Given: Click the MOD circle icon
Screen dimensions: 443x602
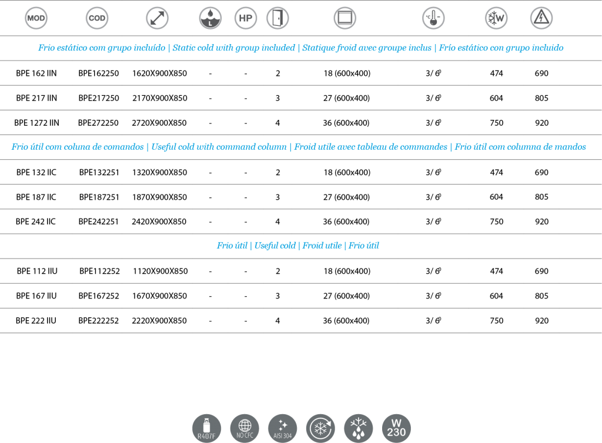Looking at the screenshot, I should [36, 18].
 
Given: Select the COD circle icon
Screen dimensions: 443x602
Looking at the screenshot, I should [97, 18].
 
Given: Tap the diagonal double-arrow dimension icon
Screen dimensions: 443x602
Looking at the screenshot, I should [157, 18].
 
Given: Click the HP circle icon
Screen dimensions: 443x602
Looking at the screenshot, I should [246, 18].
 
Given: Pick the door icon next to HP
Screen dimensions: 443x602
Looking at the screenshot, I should [277, 18].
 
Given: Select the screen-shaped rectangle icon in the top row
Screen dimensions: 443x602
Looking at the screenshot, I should [345, 18].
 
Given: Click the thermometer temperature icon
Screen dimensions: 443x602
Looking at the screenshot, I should [433, 18].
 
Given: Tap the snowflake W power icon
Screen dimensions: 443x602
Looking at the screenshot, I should [496, 18].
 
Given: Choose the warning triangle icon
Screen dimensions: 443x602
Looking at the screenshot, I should [541, 18].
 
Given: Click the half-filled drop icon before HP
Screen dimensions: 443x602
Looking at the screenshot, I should [210, 18].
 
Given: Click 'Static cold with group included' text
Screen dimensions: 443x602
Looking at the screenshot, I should [233, 48].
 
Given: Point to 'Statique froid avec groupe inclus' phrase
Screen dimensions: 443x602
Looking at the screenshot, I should [367, 48].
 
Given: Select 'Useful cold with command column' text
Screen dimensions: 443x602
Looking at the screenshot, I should [219, 147].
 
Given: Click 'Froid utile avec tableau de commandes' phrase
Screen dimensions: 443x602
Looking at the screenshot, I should [370, 147].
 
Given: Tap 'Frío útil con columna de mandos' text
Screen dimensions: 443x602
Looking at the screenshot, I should [520, 147].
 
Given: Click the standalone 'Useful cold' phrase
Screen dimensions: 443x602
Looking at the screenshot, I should [275, 246].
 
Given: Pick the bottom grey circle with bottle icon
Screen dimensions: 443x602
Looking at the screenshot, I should [206, 428].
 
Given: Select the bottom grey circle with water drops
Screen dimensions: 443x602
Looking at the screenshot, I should [358, 428].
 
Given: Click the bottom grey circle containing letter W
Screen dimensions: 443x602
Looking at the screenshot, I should [396, 428].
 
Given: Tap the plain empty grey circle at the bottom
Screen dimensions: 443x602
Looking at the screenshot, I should [245, 428].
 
